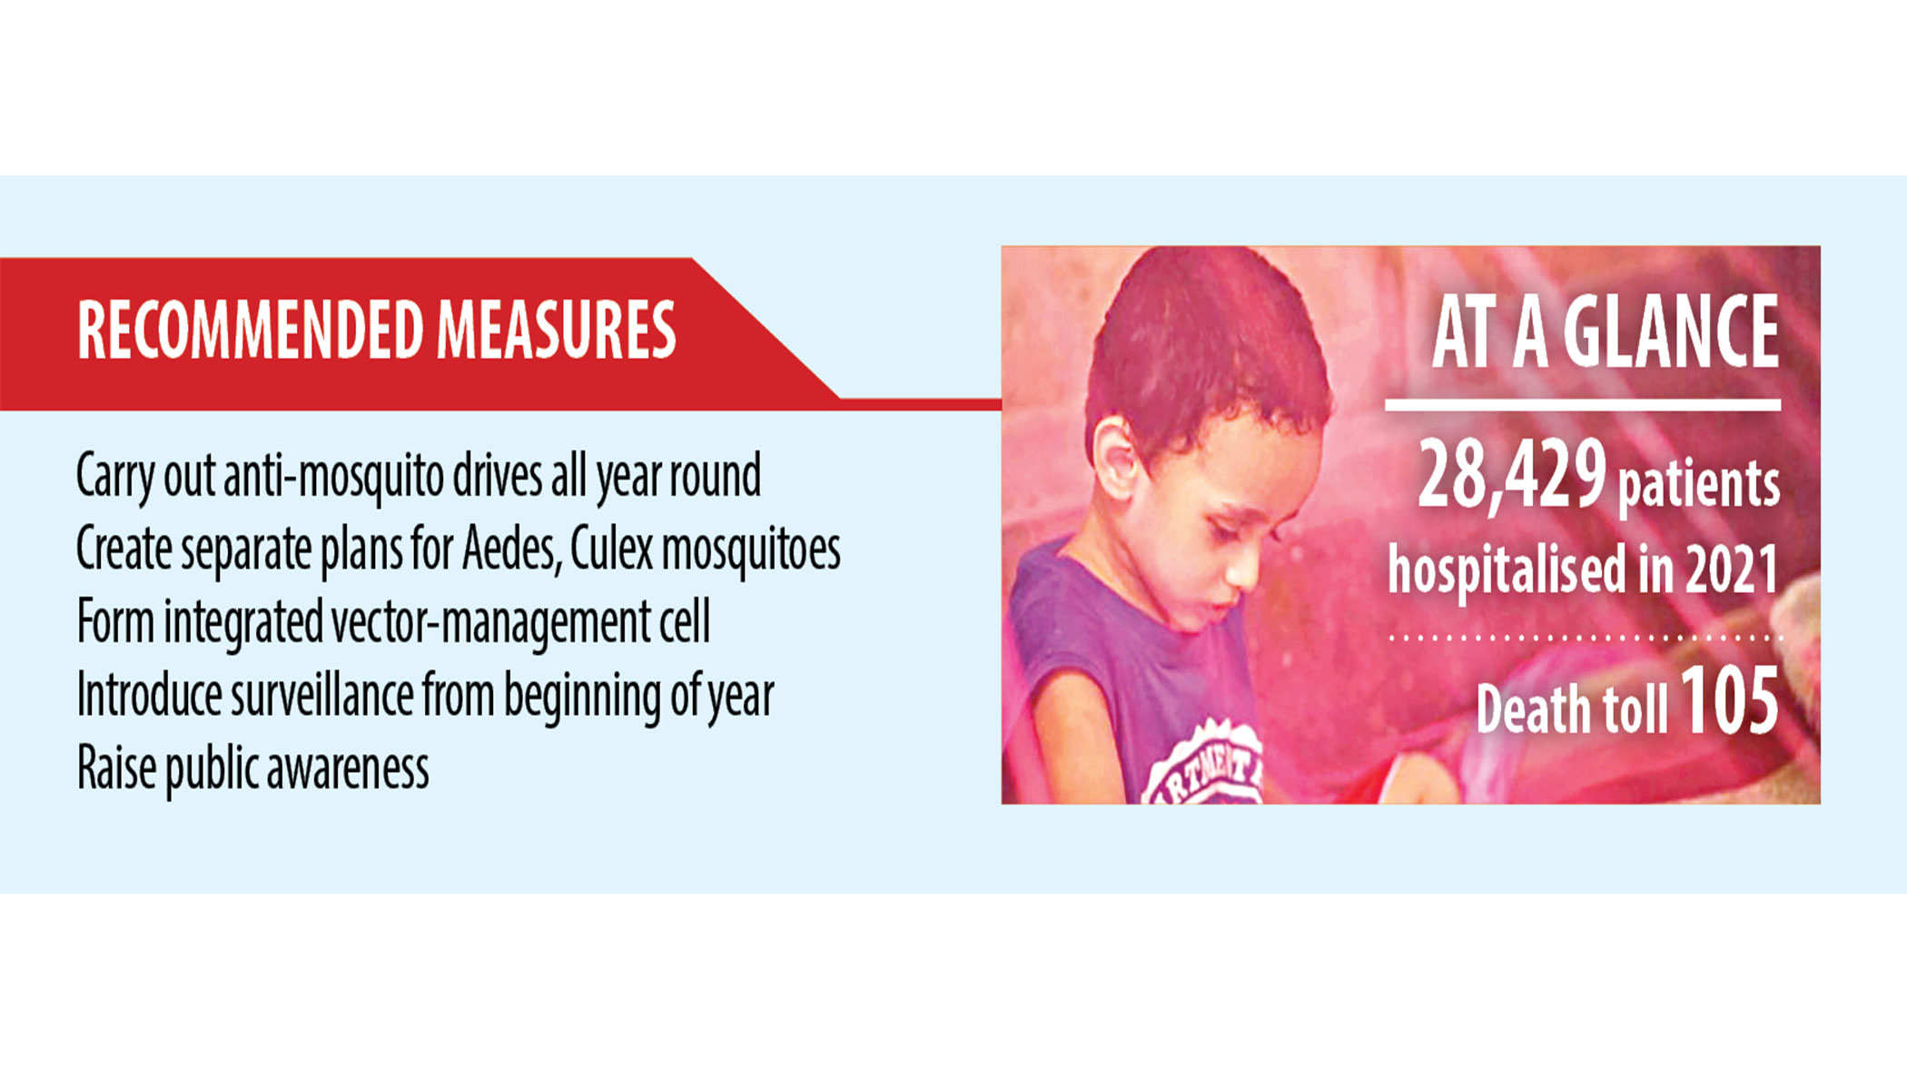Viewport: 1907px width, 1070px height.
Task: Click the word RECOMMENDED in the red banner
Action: (x=251, y=330)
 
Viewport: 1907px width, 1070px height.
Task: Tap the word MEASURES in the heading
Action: (x=557, y=330)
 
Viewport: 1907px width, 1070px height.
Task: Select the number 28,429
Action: (x=1512, y=474)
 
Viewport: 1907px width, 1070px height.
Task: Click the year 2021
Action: (x=1732, y=570)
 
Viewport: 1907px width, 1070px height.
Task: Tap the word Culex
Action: (x=611, y=549)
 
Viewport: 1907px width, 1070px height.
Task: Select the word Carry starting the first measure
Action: (x=115, y=478)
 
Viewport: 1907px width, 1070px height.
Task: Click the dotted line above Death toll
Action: (x=1585, y=638)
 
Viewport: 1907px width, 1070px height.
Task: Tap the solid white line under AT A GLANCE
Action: (x=1582, y=405)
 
